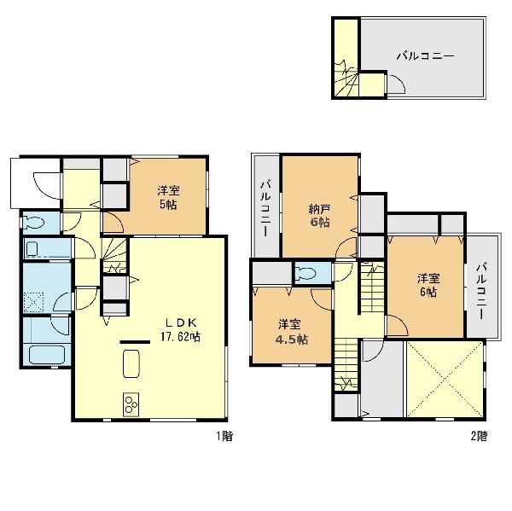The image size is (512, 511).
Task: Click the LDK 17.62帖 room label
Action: point(180,329)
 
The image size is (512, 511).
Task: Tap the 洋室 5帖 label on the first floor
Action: point(168,198)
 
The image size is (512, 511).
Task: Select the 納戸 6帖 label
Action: point(319,215)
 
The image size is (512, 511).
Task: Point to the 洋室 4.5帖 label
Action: point(291,332)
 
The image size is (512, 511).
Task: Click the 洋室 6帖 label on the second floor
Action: point(428,285)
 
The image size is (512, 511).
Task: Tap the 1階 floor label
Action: point(224,436)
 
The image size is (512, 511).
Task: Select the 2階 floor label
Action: point(479,436)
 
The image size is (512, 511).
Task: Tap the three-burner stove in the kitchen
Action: point(131,404)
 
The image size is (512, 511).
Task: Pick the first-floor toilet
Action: point(33,224)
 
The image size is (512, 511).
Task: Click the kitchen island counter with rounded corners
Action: point(131,363)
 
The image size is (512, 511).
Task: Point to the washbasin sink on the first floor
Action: point(32,248)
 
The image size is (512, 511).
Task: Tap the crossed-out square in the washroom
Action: point(33,302)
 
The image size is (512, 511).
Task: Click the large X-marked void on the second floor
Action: point(445,379)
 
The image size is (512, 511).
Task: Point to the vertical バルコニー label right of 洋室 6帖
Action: point(481,291)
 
